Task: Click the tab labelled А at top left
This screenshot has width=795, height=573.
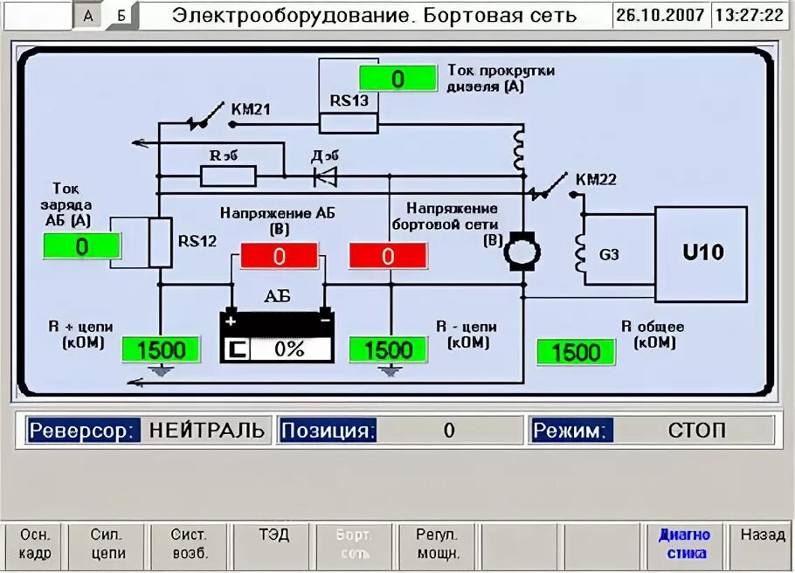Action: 88,16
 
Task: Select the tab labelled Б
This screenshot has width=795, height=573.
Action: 121,16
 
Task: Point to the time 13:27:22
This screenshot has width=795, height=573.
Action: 749,16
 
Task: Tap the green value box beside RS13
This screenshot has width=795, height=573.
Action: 397,79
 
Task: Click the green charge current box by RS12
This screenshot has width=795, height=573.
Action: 81,246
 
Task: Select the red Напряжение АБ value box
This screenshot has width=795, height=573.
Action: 279,256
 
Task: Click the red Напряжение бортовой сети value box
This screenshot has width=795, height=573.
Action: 388,256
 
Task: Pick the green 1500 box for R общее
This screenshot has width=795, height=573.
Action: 576,353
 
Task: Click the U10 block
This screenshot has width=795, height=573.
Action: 702,254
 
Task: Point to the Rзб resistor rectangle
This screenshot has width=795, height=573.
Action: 228,176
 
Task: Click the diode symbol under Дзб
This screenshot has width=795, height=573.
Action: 326,176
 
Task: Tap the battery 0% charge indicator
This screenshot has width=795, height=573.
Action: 289,349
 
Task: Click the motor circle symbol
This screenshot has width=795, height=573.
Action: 523,252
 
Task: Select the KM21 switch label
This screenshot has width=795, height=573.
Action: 251,109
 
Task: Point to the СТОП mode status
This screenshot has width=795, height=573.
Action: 696,431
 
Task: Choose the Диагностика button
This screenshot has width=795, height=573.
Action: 684,544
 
